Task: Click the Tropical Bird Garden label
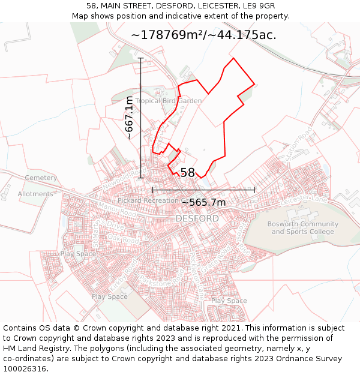click(169, 101)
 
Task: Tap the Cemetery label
click(41, 178)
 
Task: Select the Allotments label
click(35, 194)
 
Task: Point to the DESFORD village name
click(197, 218)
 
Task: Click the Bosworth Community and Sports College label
click(302, 228)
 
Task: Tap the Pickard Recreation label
click(148, 200)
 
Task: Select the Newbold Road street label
click(121, 179)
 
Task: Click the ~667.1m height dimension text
click(129, 118)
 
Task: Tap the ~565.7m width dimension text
click(203, 202)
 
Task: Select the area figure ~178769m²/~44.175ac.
click(203, 35)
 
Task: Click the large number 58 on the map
click(188, 173)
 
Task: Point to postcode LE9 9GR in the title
click(254, 6)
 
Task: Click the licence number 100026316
click(26, 368)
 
